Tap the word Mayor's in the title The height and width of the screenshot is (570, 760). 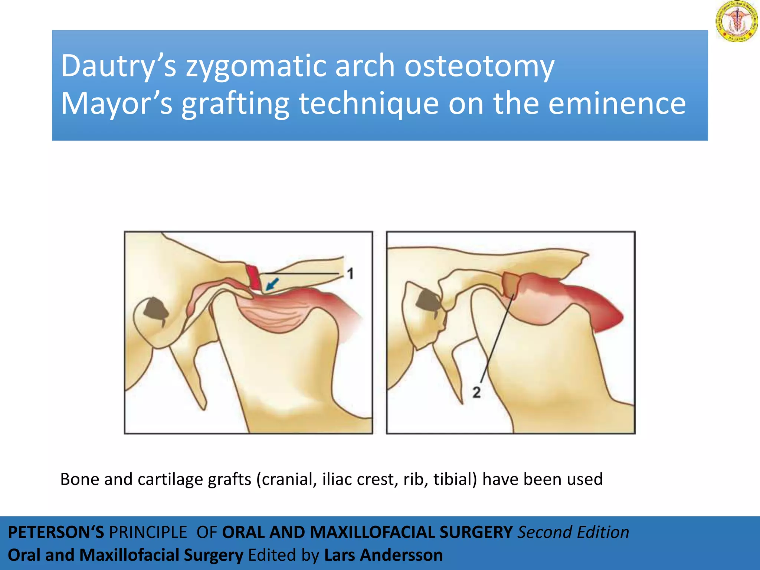[116, 104]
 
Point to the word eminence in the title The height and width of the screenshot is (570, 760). [617, 104]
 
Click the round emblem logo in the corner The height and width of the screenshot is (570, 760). [736, 21]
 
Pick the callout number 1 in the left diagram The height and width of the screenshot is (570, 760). [350, 274]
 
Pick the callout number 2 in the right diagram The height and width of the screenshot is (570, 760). [476, 392]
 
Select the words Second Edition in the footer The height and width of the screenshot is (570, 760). [573, 533]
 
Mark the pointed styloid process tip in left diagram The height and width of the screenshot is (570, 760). [204, 408]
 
